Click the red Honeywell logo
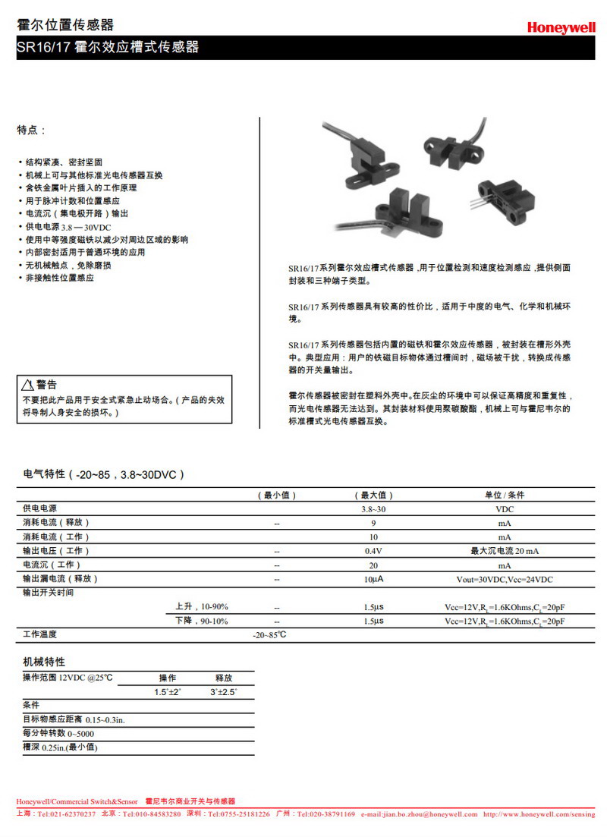tap(561, 27)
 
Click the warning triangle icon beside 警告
tap(27, 385)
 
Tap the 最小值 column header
tap(277, 495)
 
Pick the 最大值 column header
tap(373, 495)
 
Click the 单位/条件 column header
tap(505, 495)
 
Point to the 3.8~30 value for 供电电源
tap(373, 509)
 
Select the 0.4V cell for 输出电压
tap(373, 551)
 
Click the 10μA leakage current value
tap(373, 579)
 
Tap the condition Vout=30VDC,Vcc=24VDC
tap(505, 579)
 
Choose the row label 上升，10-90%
tap(201, 606)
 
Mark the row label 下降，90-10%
tap(201, 621)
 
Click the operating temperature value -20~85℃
tap(269, 634)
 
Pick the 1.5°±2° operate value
tap(168, 692)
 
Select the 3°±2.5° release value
tap(223, 692)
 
